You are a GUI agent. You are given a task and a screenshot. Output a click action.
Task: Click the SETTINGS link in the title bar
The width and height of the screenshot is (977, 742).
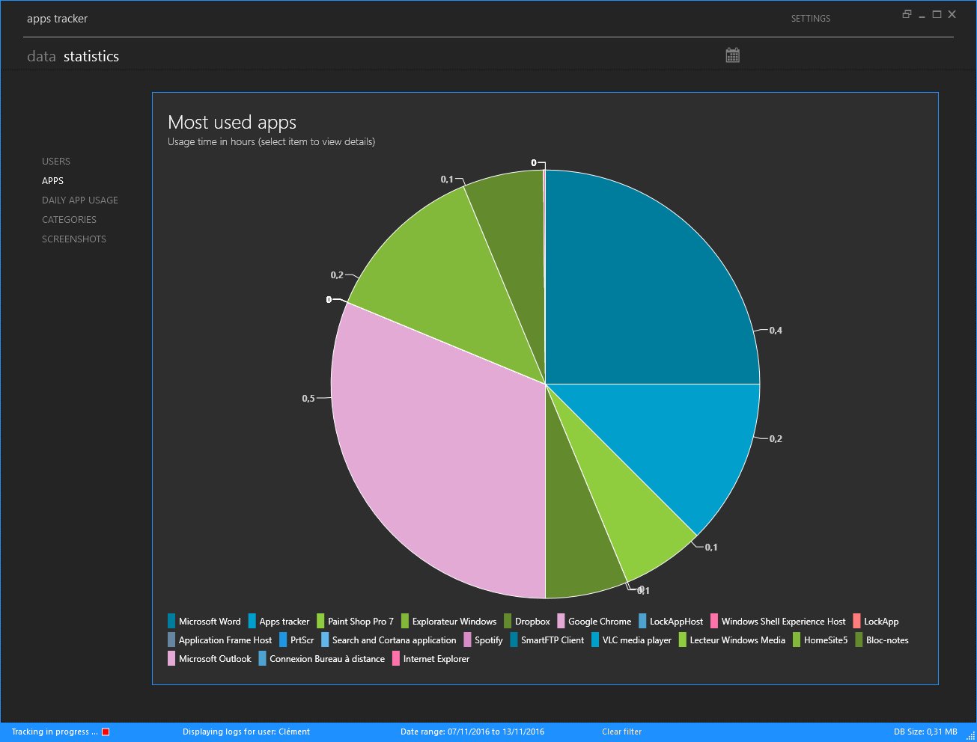coord(810,19)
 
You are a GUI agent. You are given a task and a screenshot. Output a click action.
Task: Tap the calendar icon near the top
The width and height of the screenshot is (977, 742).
coord(732,55)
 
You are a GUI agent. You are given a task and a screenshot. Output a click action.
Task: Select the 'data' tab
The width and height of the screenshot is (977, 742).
coord(41,57)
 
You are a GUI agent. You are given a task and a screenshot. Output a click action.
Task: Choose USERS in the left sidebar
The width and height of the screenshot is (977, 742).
coord(56,162)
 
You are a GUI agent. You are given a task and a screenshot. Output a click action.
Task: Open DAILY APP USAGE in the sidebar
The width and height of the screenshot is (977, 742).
coord(80,200)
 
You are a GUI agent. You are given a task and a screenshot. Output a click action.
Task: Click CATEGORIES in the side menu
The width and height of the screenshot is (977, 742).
coord(69,220)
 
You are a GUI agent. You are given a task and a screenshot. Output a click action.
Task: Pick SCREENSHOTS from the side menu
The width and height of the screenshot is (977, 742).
coord(74,239)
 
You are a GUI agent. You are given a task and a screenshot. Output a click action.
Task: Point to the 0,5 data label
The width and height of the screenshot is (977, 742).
coord(308,399)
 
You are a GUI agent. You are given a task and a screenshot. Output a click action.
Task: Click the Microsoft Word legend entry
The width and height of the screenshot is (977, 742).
coord(209,622)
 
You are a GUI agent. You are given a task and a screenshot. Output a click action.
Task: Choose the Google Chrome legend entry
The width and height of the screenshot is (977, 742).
coord(599,622)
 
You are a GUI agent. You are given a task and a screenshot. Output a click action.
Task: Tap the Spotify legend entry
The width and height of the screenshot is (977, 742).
coord(488,640)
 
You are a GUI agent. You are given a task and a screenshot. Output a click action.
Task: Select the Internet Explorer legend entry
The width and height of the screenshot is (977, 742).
coord(436,659)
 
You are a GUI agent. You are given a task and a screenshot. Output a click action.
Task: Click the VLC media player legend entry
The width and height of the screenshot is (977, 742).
coord(636,640)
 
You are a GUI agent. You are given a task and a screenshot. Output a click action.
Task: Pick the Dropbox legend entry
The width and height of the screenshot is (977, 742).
coord(532,622)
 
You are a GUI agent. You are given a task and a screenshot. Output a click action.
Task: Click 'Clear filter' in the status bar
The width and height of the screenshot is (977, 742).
coord(621,732)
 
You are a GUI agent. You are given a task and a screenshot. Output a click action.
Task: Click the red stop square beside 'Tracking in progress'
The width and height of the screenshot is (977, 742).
coord(106,732)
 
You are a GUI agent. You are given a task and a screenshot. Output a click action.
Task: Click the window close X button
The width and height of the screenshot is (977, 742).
coord(952,14)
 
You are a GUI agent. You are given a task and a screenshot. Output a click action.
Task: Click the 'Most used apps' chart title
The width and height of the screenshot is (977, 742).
coord(232,123)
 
